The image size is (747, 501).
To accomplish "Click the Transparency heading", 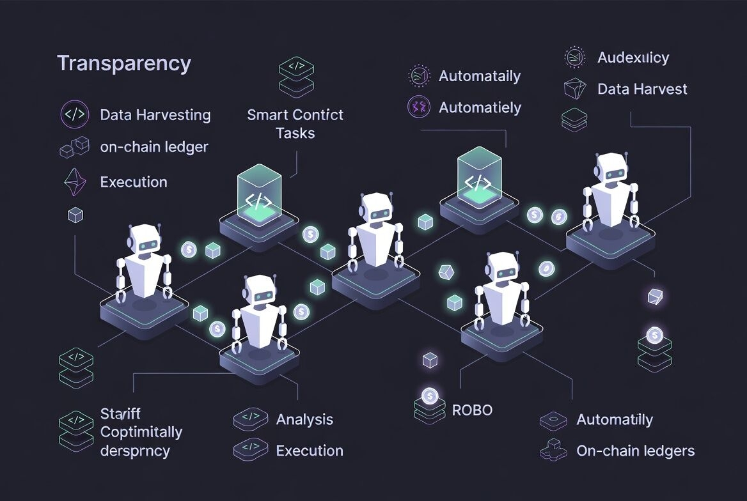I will (x=123, y=64).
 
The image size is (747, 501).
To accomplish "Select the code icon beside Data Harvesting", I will (x=75, y=115).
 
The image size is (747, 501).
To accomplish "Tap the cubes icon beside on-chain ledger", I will (x=75, y=147).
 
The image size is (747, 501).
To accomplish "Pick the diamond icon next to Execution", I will (x=75, y=182).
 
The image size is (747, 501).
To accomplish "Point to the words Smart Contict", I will (x=295, y=115).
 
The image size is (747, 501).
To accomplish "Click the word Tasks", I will (x=295, y=134).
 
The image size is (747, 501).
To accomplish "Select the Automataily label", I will (x=479, y=77).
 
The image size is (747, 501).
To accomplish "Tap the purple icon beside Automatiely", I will (x=420, y=107).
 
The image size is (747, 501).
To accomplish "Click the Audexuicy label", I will (x=633, y=58).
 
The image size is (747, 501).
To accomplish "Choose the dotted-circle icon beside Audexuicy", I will (x=574, y=58).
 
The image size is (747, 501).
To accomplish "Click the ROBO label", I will (x=472, y=410).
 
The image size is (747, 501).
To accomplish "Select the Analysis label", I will (x=304, y=420).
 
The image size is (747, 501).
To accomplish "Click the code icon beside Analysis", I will (x=250, y=419).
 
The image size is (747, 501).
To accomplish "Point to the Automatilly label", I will (x=614, y=420).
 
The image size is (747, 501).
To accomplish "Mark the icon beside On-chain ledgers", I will (x=553, y=451).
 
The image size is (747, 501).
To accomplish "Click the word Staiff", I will (x=120, y=413).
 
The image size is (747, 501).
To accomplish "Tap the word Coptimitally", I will (x=141, y=432).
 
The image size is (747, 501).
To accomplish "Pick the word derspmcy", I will (x=135, y=451).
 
